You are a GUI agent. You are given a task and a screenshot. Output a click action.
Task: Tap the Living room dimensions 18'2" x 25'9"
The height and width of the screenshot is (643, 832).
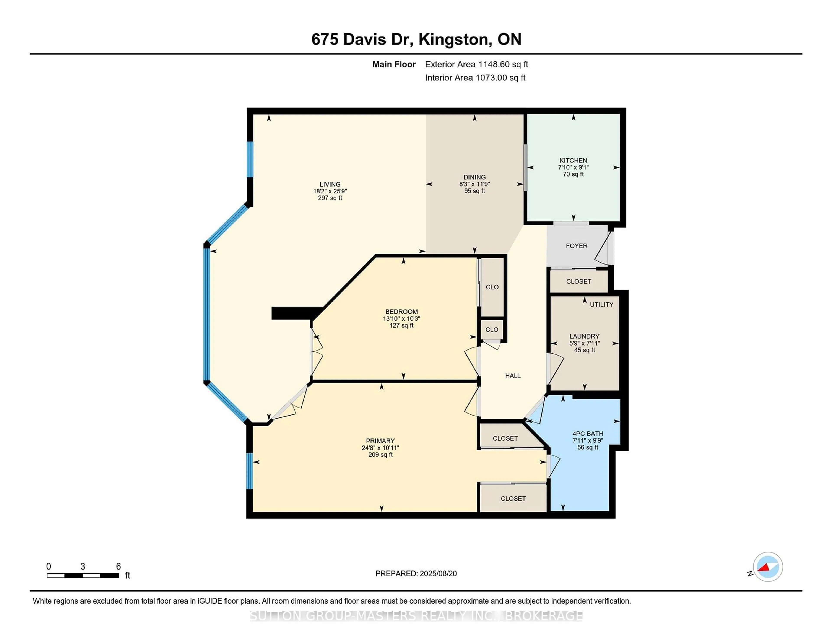[330, 191]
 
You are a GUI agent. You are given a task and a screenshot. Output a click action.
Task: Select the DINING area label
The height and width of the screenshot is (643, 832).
[474, 177]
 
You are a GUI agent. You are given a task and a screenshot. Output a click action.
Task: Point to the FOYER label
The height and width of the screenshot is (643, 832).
[576, 246]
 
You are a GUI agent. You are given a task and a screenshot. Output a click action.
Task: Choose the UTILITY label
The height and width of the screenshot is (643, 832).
[601, 304]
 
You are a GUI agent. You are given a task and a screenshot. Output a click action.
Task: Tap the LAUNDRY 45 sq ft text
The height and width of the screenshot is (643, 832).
[584, 350]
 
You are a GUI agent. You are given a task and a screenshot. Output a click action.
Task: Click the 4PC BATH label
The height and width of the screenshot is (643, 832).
[587, 434]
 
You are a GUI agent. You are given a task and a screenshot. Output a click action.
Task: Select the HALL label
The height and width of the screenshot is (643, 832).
[513, 376]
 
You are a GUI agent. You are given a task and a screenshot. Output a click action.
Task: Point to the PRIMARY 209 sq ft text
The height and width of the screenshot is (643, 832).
[380, 455]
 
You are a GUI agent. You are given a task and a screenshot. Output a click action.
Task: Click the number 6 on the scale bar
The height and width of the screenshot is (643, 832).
[119, 567]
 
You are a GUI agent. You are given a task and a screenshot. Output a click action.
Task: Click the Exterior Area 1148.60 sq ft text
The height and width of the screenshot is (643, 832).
[476, 64]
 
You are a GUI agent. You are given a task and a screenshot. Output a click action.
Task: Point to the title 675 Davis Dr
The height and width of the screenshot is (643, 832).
[362, 39]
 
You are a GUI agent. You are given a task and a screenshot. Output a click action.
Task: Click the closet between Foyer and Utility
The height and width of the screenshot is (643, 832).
[578, 281]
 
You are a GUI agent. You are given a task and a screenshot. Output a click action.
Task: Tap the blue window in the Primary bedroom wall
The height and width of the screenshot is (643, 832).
[250, 471]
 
